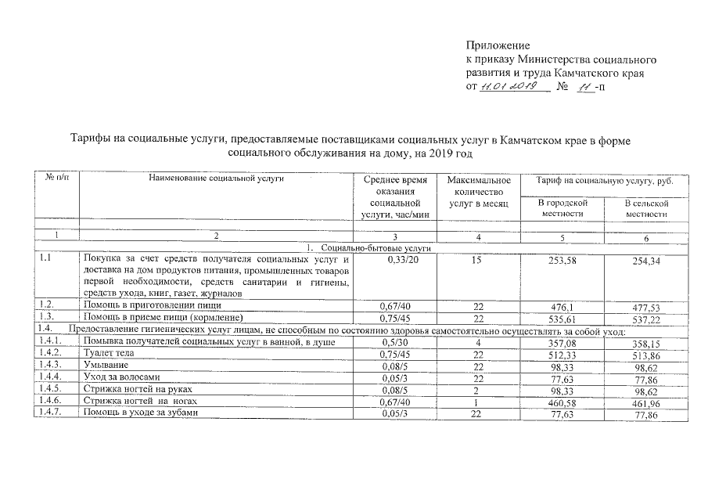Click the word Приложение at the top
click(498, 45)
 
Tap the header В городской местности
click(562, 207)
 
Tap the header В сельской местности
click(646, 208)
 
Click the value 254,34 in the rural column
click(646, 261)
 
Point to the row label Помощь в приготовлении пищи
click(153, 305)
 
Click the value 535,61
click(562, 319)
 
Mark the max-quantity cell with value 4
click(477, 342)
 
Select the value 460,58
click(562, 402)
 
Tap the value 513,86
click(646, 355)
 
